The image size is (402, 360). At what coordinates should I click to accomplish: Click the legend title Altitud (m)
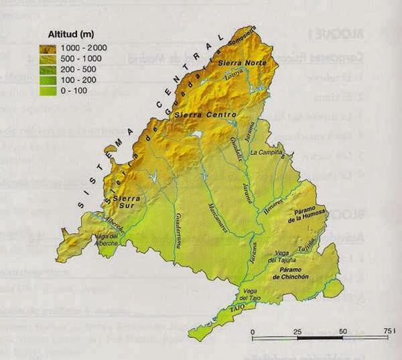[71, 34]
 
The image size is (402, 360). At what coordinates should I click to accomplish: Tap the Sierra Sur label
[125, 199]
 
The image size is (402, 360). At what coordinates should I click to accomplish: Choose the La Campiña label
[265, 153]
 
